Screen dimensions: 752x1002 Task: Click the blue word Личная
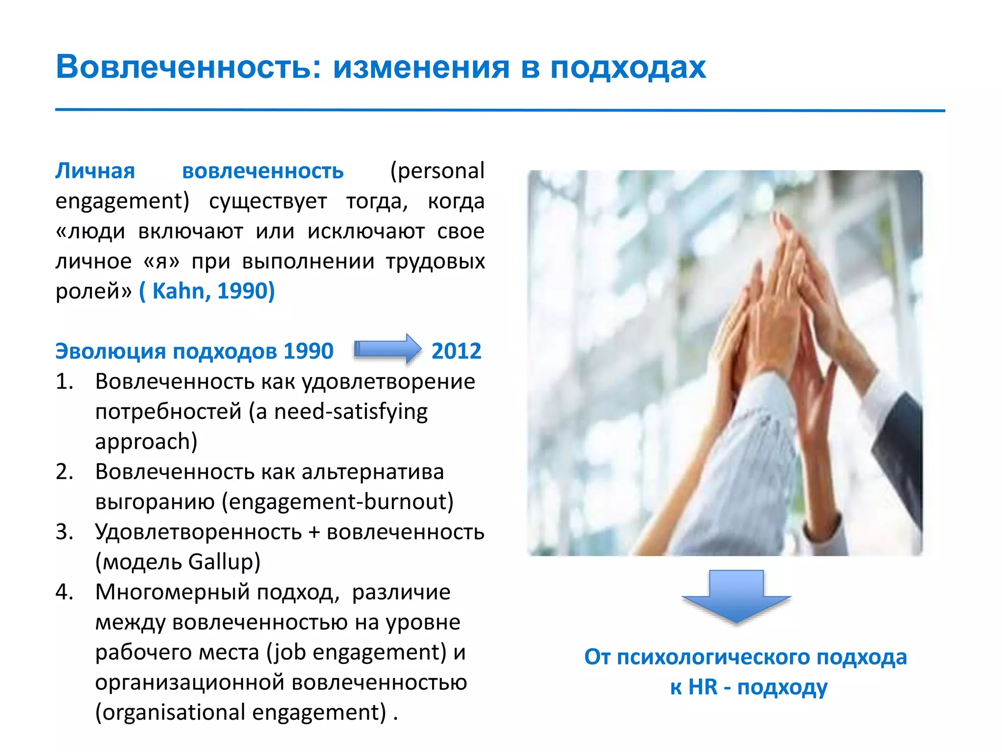coord(95,171)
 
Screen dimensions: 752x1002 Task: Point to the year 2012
coord(456,351)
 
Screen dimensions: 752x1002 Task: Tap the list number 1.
coord(64,381)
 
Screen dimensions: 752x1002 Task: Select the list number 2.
coord(64,471)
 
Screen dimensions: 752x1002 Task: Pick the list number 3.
coord(64,532)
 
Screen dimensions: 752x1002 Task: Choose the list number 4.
coord(64,592)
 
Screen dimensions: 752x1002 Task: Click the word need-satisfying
coord(350,412)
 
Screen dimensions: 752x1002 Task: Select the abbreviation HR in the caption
coord(703,687)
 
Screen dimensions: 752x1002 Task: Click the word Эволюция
coord(110,351)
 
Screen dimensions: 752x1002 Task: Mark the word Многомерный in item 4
coord(173,592)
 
